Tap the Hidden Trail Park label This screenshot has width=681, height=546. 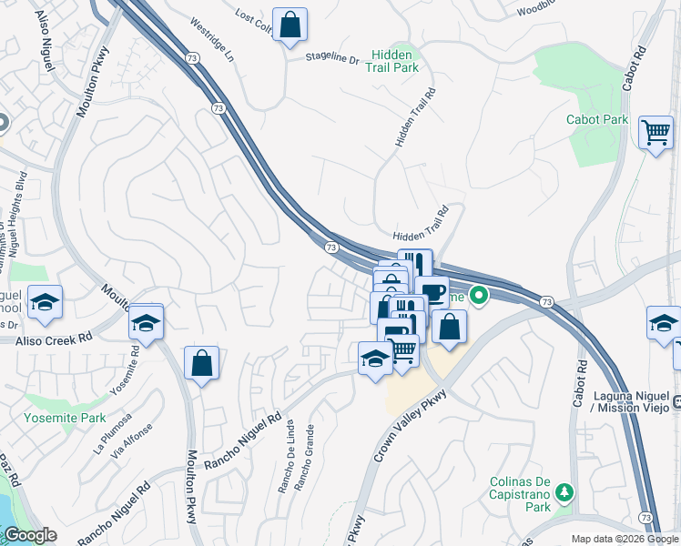(393, 61)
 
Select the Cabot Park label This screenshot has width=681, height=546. (597, 119)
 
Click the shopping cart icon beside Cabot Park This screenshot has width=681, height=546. (656, 133)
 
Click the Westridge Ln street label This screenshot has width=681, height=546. (212, 42)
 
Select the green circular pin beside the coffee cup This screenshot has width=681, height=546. (479, 296)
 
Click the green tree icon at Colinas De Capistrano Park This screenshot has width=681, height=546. (565, 492)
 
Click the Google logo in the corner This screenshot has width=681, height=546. (29, 535)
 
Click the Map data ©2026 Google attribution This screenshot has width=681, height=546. (624, 539)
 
